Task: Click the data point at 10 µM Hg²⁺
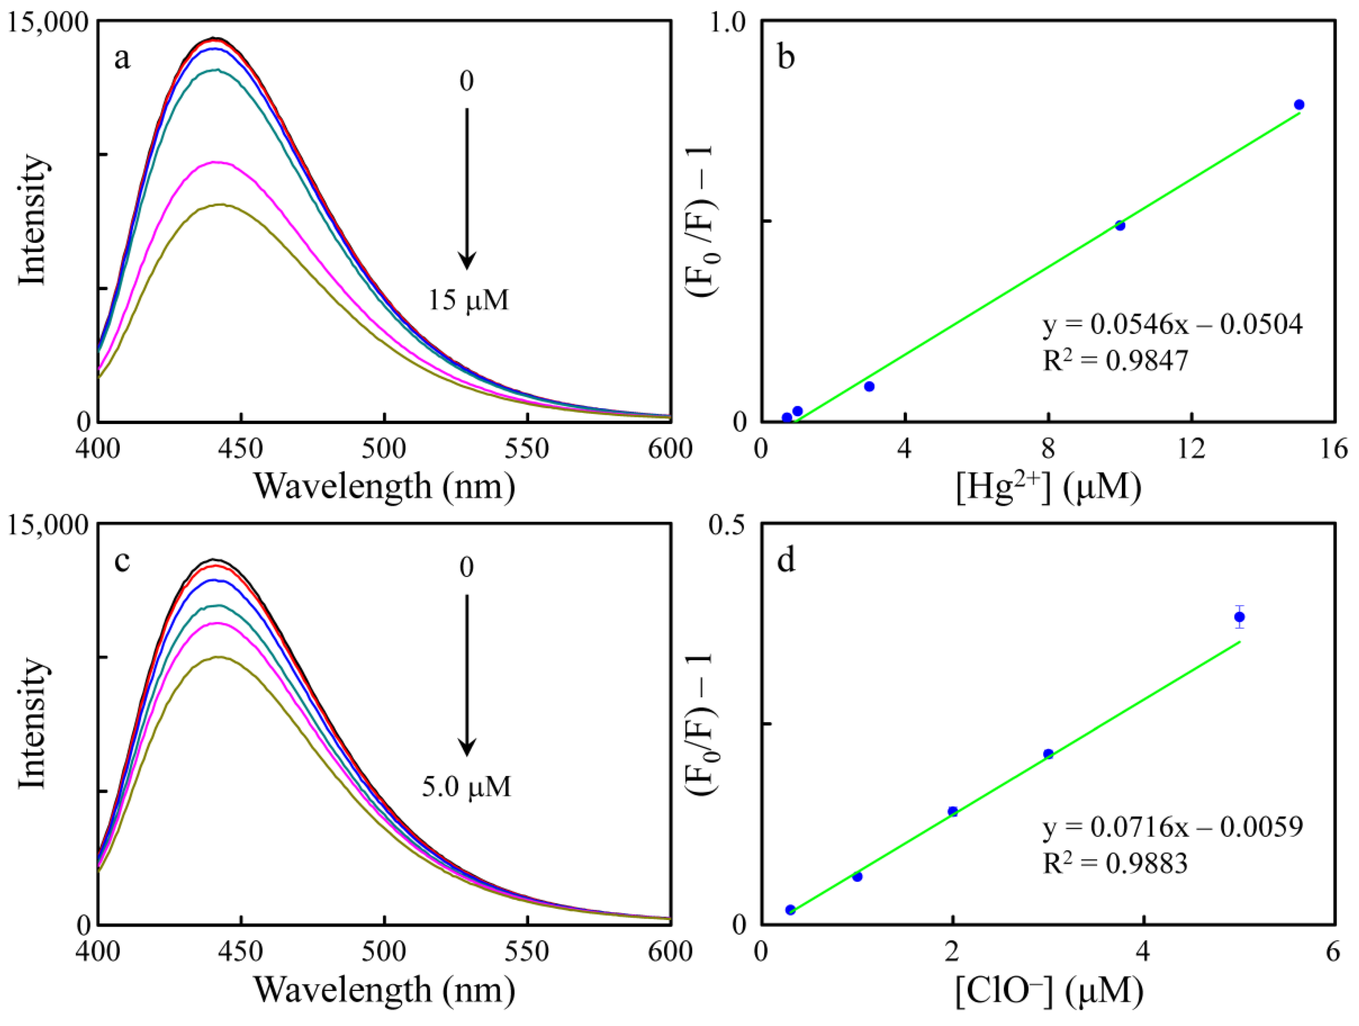(x=1120, y=226)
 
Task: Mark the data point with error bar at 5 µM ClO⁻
(x=1239, y=617)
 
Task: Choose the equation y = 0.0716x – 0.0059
(x=1172, y=828)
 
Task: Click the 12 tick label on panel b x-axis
(x=1191, y=449)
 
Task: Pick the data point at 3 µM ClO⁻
(x=1048, y=754)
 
